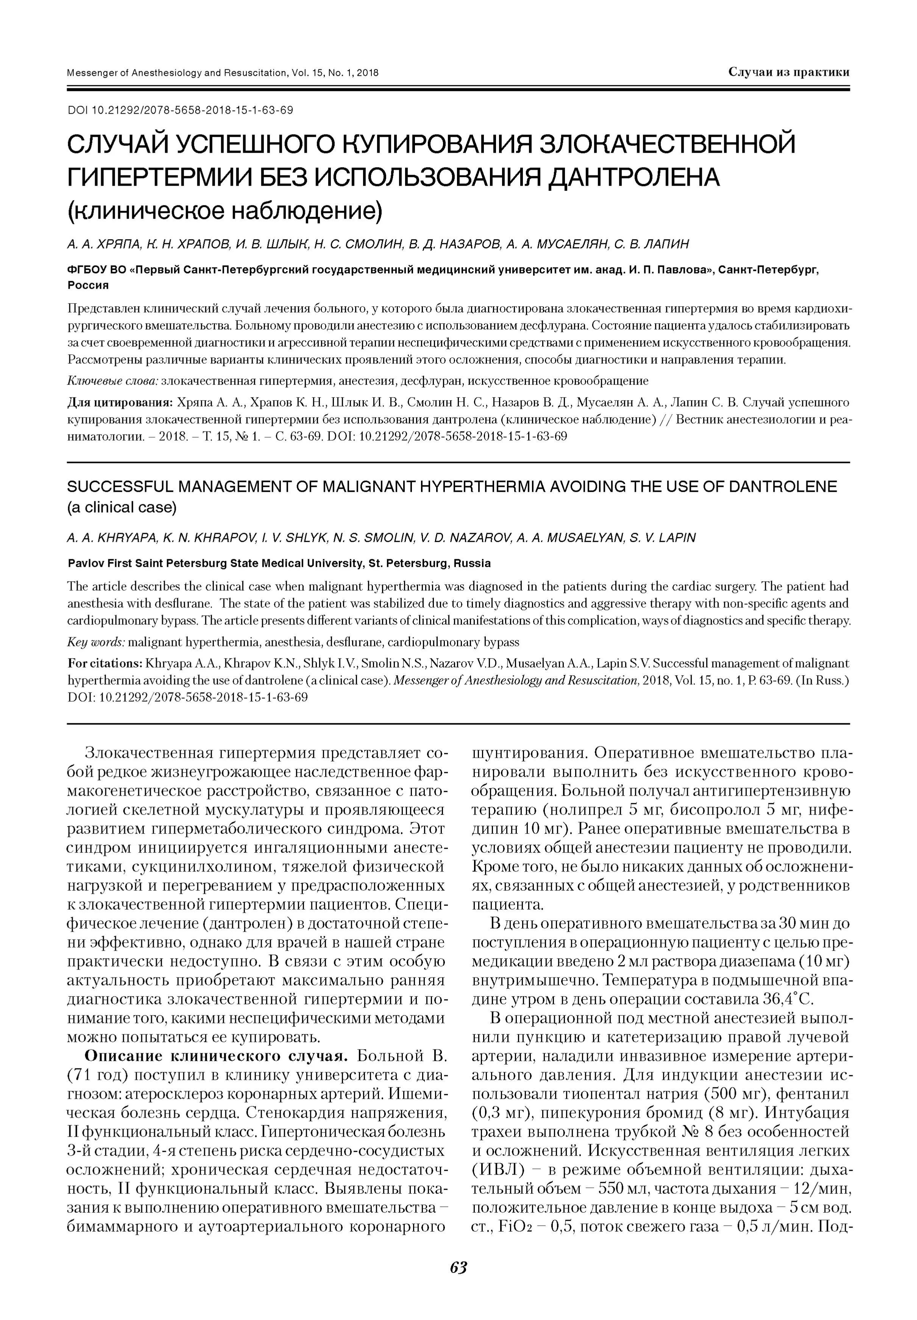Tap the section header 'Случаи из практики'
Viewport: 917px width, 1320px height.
(x=788, y=72)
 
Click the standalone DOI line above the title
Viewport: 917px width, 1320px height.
(x=181, y=110)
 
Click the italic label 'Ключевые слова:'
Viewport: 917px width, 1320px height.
(x=112, y=381)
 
